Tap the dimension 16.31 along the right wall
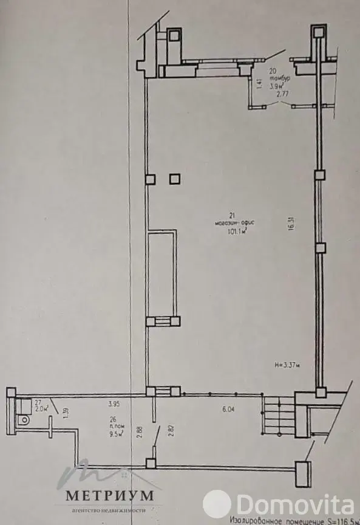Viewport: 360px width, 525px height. coord(292,222)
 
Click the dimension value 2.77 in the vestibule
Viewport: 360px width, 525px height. coord(281,94)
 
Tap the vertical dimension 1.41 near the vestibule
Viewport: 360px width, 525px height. coord(259,84)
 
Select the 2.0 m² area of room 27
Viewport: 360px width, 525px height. coord(41,408)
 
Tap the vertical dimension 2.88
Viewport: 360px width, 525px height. coord(139,431)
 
